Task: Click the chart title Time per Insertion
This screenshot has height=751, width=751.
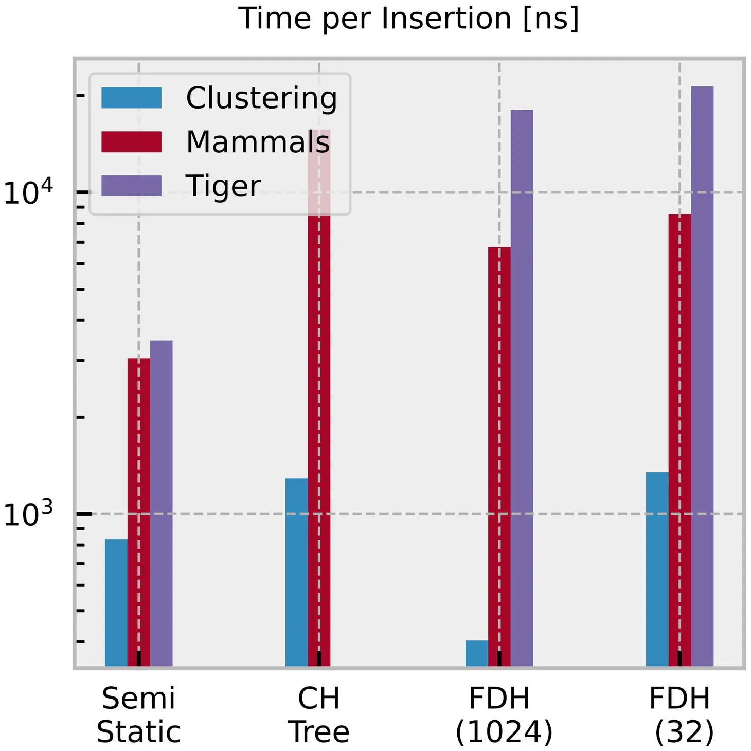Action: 409,20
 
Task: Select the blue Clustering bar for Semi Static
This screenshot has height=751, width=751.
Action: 116,602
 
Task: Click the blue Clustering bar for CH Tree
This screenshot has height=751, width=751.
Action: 297,571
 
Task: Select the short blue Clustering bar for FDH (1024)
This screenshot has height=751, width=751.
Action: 477,653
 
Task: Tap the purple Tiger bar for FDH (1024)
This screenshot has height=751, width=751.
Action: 522,386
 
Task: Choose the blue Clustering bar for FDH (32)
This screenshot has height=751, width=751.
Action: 657,568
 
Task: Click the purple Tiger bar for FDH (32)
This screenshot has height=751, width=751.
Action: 702,375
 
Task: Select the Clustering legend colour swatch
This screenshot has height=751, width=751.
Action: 132,98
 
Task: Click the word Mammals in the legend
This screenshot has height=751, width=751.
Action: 258,142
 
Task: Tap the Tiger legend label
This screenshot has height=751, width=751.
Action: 223,186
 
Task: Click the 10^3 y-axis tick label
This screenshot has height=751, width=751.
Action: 28,514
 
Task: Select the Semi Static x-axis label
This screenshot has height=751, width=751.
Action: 138,715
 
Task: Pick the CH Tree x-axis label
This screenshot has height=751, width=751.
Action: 319,715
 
